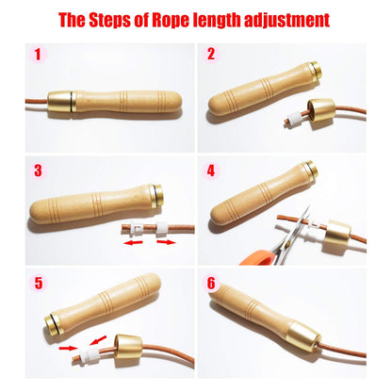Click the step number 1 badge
click(38, 55)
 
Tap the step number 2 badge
click(212, 55)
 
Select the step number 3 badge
click(38, 171)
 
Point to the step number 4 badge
click(212, 171)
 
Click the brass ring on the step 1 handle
click(61, 100)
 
